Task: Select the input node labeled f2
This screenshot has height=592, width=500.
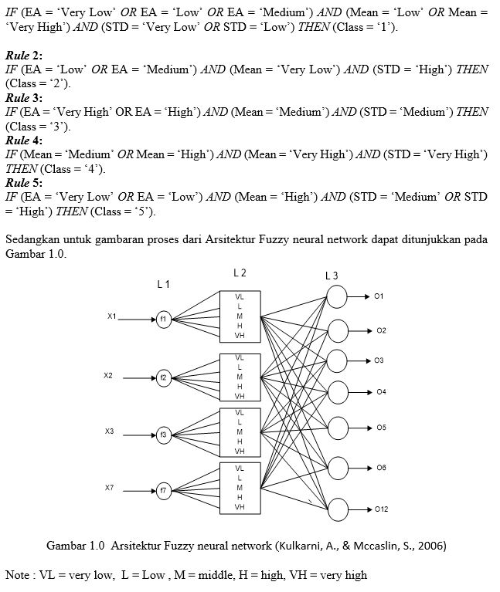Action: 164,377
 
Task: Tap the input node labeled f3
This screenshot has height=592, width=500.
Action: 164,435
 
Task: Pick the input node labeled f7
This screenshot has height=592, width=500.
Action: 164,489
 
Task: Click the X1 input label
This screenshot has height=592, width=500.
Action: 112,316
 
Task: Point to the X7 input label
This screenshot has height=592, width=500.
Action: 110,488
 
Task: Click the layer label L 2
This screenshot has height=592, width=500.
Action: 240,272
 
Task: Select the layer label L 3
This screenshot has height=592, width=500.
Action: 332,276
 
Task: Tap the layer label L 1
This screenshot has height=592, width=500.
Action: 163,284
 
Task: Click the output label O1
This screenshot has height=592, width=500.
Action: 379,296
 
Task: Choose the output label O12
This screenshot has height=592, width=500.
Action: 381,510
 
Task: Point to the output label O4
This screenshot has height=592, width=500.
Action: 381,393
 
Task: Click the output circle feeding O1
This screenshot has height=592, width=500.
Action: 338,296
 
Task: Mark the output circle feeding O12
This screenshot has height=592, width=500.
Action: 338,509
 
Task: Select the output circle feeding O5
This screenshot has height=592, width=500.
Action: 338,427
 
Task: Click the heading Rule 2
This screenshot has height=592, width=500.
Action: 24,56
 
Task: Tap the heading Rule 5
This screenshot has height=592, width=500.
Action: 24,183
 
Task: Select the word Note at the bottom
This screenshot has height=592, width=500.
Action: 18,575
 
